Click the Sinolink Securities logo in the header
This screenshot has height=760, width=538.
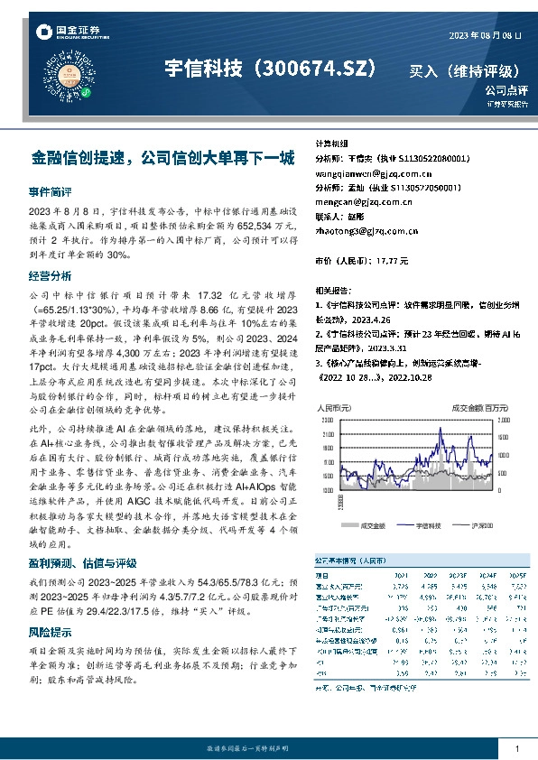pyautogui.click(x=68, y=32)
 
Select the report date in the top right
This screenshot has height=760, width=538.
pyautogui.click(x=486, y=35)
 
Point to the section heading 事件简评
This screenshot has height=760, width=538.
pyautogui.click(x=50, y=192)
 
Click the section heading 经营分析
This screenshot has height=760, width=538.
pyautogui.click(x=50, y=275)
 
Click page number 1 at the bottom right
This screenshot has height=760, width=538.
pyautogui.click(x=515, y=749)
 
